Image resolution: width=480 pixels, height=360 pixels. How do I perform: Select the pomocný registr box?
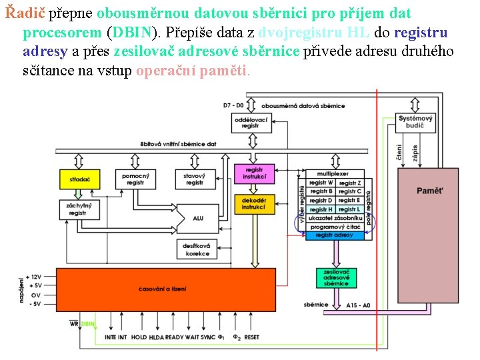pyautogui.click(x=135, y=179)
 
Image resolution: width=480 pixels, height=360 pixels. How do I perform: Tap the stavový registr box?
pyautogui.click(x=194, y=179)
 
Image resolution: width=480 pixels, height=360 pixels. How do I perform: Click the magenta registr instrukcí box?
pyautogui.click(x=254, y=173)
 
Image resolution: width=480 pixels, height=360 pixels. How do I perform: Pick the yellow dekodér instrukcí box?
pyautogui.click(x=254, y=204)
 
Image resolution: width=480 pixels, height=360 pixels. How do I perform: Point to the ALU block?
pyautogui.click(x=198, y=218)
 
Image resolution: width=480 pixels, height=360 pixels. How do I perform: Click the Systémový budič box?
pyautogui.click(x=415, y=123)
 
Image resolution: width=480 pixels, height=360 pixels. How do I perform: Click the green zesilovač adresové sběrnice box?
pyautogui.click(x=336, y=277)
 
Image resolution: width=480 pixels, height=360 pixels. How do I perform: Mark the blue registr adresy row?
pyautogui.click(x=335, y=235)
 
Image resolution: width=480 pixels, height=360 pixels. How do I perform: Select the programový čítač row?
pyautogui.click(x=335, y=227)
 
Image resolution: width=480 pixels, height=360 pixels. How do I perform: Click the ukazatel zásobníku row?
pyautogui.click(x=335, y=218)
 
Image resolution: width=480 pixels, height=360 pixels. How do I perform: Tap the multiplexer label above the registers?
pyautogui.click(x=332, y=174)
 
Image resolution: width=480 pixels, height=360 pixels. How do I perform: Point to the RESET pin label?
pyautogui.click(x=252, y=337)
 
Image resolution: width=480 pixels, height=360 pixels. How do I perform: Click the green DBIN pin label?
pyautogui.click(x=89, y=324)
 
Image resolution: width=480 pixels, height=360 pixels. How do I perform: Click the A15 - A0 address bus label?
pyautogui.click(x=359, y=305)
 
